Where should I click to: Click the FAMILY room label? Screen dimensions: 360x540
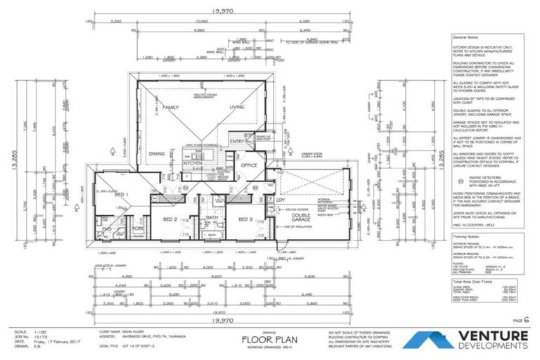[x=172, y=108]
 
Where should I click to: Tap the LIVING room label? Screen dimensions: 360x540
[x=236, y=108]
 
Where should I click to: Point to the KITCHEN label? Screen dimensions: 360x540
[x=193, y=162]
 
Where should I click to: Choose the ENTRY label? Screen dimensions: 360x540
[x=236, y=142]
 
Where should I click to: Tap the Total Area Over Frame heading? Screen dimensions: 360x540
[x=473, y=281]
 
